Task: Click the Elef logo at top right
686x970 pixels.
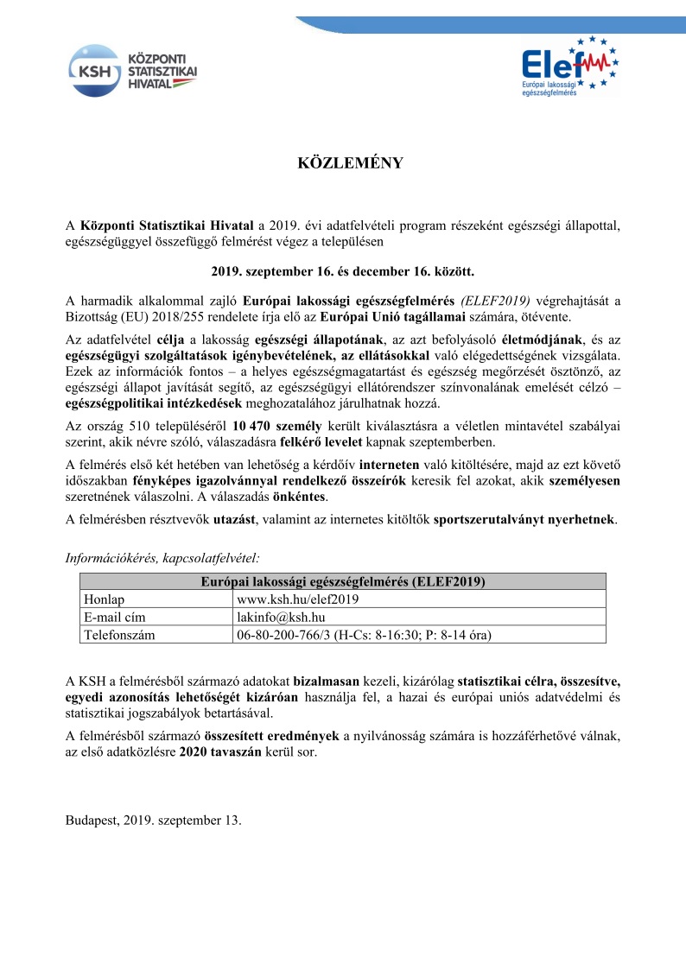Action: tap(569, 67)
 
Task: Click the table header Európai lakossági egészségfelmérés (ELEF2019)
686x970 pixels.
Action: tap(342, 581)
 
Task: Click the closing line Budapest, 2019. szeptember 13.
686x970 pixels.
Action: tap(154, 820)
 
